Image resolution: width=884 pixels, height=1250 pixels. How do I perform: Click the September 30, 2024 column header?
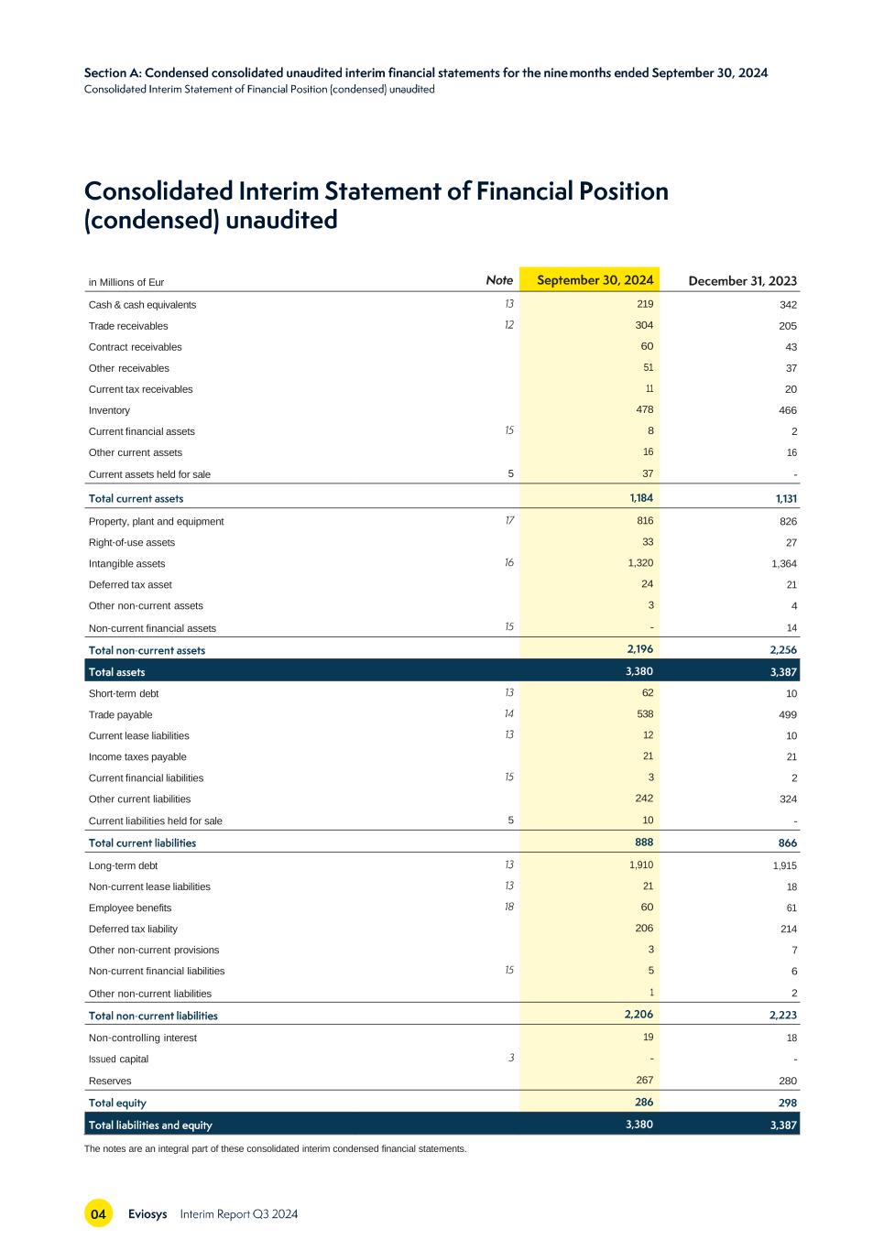coord(595,280)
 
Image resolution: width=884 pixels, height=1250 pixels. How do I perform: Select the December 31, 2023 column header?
coord(742,281)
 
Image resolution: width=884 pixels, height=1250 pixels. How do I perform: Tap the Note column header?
coord(499,280)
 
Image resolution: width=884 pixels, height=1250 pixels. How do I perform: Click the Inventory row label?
coord(109,410)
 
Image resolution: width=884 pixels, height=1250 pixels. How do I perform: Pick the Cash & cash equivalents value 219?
coord(645,304)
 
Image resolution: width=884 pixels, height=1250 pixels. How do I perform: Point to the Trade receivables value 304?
coord(644,325)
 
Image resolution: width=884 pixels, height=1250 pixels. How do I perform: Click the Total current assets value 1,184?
coord(641,498)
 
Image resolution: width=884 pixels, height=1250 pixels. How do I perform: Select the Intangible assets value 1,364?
coord(784,563)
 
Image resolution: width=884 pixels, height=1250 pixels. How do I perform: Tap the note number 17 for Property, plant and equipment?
coord(509,521)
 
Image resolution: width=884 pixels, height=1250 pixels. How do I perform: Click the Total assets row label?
coord(116,672)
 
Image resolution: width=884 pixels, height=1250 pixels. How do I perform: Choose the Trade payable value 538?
coord(645,713)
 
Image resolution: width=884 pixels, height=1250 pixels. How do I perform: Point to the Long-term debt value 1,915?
coord(784,865)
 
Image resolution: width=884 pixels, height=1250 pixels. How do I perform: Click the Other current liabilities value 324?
coord(788,799)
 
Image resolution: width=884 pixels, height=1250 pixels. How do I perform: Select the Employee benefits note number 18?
coord(509,907)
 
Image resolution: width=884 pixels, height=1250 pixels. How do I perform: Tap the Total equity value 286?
coord(644,1103)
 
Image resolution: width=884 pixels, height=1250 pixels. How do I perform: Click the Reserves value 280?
coord(788,1081)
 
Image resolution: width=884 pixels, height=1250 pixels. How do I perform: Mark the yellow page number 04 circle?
coord(98,1213)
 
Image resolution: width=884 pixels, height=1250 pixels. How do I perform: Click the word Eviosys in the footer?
coord(147,1213)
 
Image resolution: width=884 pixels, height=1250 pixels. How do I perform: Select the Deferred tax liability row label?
coord(133,929)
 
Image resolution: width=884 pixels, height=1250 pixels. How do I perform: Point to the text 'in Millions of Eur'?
coord(126,282)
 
